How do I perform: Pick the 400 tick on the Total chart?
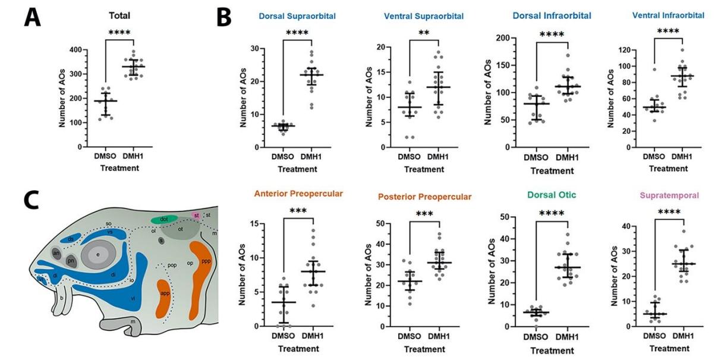(77, 50)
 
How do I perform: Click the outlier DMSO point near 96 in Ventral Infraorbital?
(654, 70)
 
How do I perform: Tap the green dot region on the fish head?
(164, 219)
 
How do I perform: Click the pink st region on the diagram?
(196, 214)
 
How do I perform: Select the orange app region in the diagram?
(165, 298)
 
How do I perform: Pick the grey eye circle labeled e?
(98, 255)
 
